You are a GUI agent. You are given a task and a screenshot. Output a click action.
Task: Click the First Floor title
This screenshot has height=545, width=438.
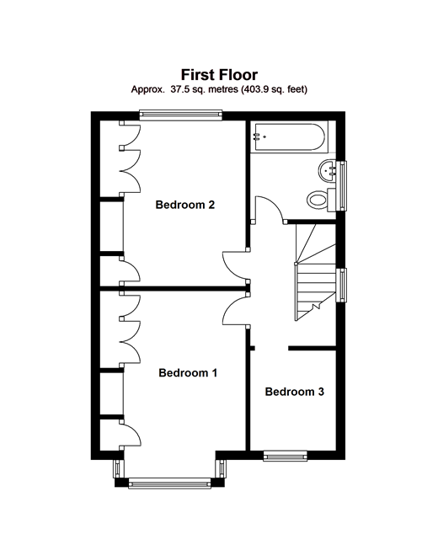(219, 75)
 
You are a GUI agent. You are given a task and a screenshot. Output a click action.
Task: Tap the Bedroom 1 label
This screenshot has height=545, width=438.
(188, 373)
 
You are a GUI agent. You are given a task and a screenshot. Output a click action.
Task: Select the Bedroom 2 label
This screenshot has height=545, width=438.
(185, 205)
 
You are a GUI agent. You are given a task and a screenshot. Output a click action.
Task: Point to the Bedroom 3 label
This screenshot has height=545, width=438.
(295, 392)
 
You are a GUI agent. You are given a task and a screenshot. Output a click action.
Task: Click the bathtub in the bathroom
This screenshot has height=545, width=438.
(290, 137)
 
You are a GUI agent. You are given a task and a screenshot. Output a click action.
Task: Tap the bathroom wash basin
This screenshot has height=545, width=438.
(327, 171)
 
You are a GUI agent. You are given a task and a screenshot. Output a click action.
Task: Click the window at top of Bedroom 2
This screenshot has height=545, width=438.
(180, 115)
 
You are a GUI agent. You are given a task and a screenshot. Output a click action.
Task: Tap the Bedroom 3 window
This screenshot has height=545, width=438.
(285, 456)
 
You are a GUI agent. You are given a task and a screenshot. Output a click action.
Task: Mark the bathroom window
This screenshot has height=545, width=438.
(342, 185)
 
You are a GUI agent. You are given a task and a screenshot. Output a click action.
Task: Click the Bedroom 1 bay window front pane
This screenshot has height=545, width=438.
(169, 484)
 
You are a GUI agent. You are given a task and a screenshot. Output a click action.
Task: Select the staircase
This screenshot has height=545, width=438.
(315, 272)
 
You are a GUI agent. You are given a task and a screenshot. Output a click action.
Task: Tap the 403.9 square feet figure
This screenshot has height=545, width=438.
(254, 89)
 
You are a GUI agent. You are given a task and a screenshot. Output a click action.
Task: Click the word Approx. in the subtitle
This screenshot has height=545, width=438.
(147, 90)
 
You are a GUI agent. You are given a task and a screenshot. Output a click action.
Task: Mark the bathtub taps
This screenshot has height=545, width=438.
(259, 137)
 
